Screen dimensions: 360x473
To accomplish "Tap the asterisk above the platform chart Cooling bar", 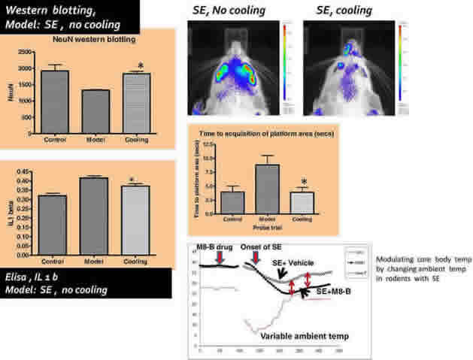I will coord(304,181).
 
